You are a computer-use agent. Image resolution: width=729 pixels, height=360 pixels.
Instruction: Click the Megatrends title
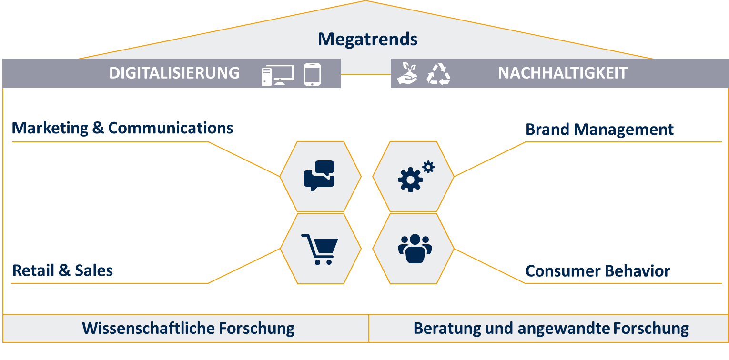[x=367, y=39]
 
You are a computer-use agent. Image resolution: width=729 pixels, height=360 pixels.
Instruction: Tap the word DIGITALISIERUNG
[x=174, y=73]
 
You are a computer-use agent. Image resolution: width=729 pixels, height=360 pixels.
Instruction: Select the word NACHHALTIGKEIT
[x=562, y=73]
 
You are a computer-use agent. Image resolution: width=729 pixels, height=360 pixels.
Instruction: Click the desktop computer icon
[x=277, y=75]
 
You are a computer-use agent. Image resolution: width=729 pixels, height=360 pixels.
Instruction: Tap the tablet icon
[x=312, y=75]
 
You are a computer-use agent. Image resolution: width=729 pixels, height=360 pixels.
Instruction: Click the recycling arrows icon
[x=438, y=74]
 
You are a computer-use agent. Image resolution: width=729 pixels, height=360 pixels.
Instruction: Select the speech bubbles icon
[x=319, y=176]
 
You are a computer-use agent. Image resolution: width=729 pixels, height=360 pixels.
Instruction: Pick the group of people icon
[x=415, y=248]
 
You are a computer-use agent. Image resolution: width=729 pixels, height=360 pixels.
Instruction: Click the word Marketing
[x=50, y=128]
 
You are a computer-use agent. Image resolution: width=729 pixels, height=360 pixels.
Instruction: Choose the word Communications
[x=171, y=128]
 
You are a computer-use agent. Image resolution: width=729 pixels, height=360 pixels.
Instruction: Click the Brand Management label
[x=599, y=130]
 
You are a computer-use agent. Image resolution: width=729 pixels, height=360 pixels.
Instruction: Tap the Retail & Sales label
[x=62, y=270]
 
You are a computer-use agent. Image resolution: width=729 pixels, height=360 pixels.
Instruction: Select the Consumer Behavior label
[x=597, y=271]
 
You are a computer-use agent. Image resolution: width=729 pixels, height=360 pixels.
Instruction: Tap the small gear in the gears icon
[x=428, y=167]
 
